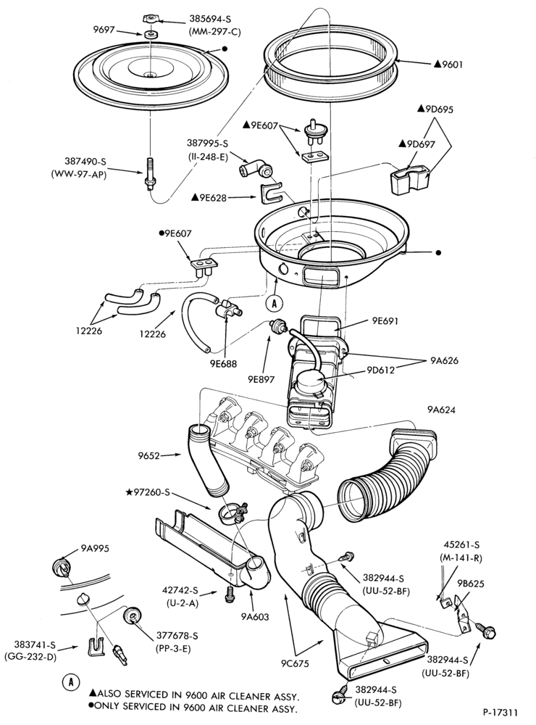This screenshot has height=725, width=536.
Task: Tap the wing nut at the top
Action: click(150, 19)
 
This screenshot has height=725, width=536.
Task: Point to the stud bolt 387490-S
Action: click(149, 173)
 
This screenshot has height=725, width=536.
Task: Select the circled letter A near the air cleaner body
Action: click(275, 303)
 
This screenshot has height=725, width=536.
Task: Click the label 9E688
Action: click(222, 364)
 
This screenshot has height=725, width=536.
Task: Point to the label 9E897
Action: click(261, 379)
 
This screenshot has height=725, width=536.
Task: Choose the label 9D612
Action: click(381, 370)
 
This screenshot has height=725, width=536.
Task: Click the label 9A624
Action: click(441, 410)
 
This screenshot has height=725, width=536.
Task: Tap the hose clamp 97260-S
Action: click(232, 513)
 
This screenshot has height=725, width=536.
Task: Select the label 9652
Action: click(148, 456)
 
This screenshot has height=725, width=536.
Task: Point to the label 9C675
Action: click(294, 664)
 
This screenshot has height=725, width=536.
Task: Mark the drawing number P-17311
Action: click(501, 713)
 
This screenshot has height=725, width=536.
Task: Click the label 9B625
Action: click(470, 584)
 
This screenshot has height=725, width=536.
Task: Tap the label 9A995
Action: click(95, 548)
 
